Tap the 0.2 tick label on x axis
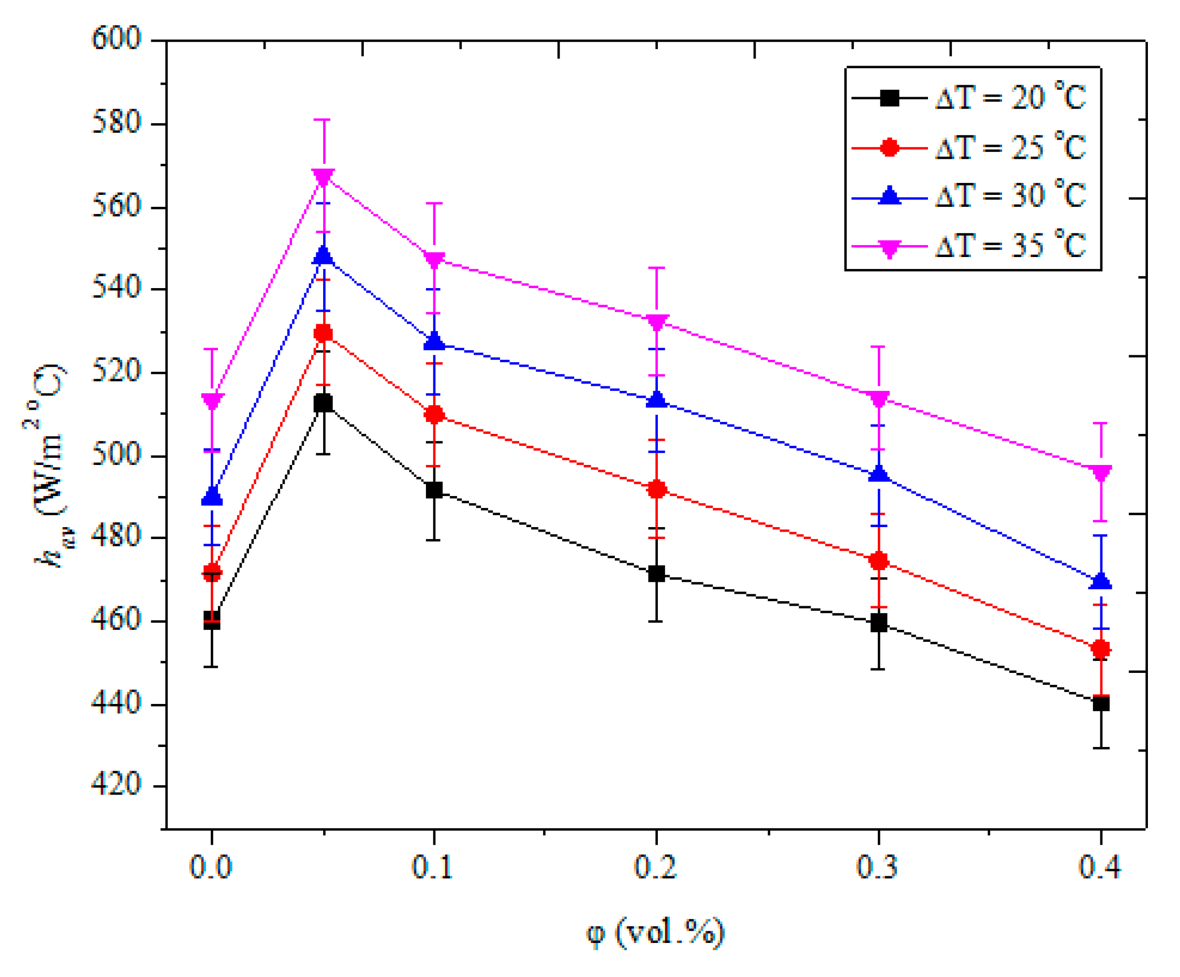pos(655,866)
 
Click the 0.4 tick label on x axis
pos(1100,866)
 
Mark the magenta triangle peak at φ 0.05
pos(324,176)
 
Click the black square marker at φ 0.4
pos(1101,703)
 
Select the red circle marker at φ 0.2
pos(656,490)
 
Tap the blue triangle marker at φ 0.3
pos(879,473)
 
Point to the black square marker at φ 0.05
pos(324,403)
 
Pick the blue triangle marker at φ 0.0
pos(212,497)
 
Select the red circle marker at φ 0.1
pos(434,415)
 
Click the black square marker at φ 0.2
pos(656,574)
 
